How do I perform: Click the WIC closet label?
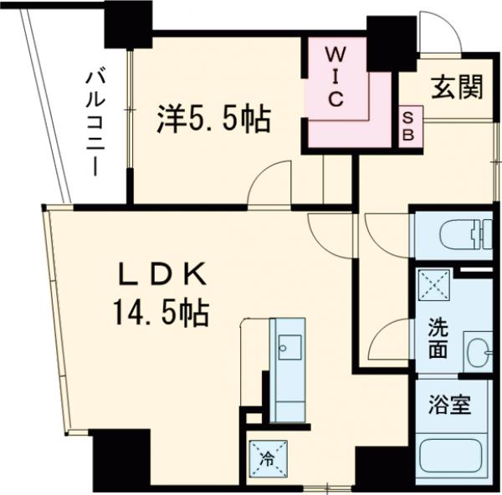tap(333, 76)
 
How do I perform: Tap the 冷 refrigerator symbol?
tap(267, 457)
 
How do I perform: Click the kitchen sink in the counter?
tap(290, 344)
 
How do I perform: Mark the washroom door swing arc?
tap(386, 343)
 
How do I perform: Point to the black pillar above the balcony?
tap(127, 23)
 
